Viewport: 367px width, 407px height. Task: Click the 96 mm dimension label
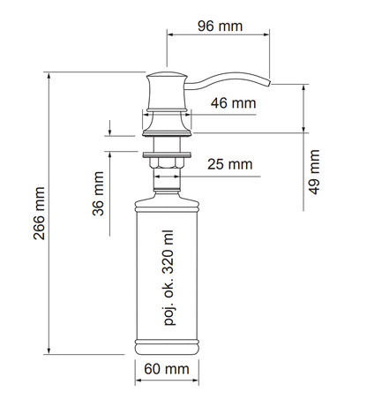tap(220, 26)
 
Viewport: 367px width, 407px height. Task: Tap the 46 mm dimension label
tap(233, 103)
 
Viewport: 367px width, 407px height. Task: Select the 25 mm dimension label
tap(230, 164)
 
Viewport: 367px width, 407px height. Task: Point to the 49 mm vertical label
tap(314, 172)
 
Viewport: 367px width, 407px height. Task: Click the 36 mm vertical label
tap(98, 193)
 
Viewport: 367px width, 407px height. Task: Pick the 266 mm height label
tap(39, 214)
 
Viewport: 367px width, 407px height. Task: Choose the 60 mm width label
tap(167, 369)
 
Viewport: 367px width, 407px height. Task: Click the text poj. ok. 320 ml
tap(169, 278)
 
